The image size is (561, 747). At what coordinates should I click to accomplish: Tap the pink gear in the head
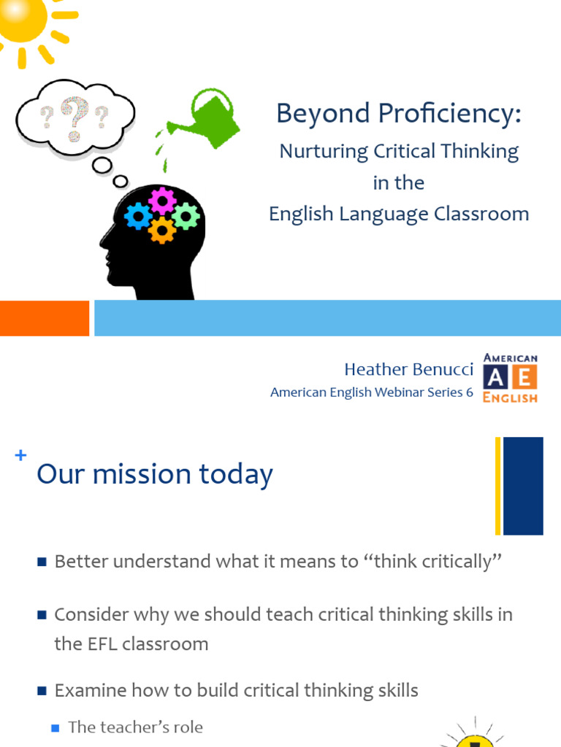[162, 200]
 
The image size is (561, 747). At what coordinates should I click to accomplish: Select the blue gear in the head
[137, 216]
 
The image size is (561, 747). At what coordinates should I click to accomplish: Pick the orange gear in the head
[161, 231]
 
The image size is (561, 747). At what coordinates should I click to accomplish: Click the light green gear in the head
[186, 216]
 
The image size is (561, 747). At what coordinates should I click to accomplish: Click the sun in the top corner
[22, 18]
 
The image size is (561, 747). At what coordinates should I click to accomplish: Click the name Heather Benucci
[408, 370]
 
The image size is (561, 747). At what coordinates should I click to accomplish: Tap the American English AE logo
[510, 378]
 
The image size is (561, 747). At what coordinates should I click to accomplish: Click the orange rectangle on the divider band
[44, 318]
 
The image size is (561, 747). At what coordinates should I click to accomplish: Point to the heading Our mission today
[155, 474]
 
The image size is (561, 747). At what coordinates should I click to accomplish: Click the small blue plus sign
[20, 456]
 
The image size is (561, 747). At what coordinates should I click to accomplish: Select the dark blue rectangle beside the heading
[523, 486]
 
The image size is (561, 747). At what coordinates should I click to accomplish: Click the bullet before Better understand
[42, 562]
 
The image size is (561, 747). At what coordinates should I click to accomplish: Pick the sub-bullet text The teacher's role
[135, 727]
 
